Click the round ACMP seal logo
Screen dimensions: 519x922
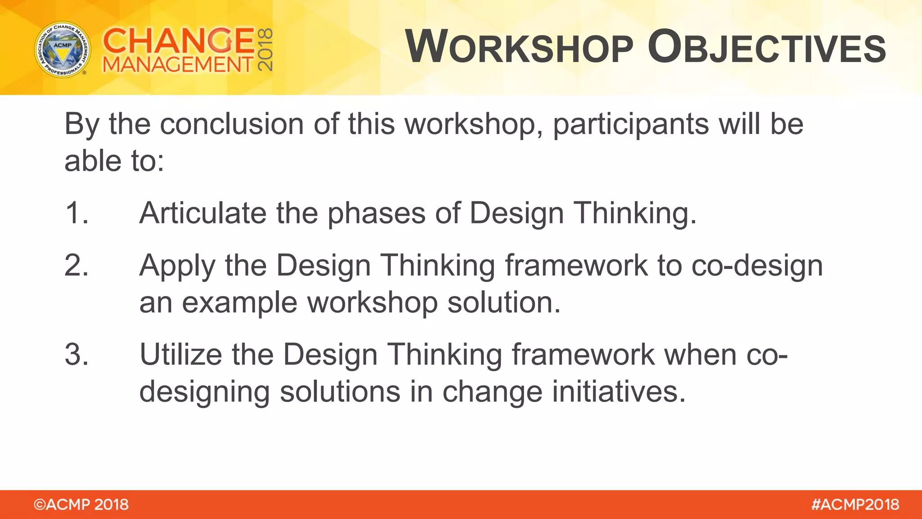[x=63, y=50]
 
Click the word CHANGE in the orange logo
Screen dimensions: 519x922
[x=179, y=41]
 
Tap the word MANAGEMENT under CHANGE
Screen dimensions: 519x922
[x=178, y=65]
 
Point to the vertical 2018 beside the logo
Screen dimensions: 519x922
[x=265, y=50]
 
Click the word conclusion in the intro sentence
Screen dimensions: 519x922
[x=232, y=124]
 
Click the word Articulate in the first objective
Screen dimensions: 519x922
[x=203, y=213]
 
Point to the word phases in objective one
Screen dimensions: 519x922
[x=376, y=214]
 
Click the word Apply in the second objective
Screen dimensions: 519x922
[x=177, y=266]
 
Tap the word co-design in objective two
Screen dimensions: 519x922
[x=757, y=266]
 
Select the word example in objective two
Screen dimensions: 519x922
[x=240, y=303]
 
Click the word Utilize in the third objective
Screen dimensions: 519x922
[x=181, y=355]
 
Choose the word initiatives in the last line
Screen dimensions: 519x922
[x=619, y=392]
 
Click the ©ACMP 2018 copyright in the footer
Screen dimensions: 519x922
[x=81, y=505]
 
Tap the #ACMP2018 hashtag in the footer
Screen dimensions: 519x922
[x=855, y=505]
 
